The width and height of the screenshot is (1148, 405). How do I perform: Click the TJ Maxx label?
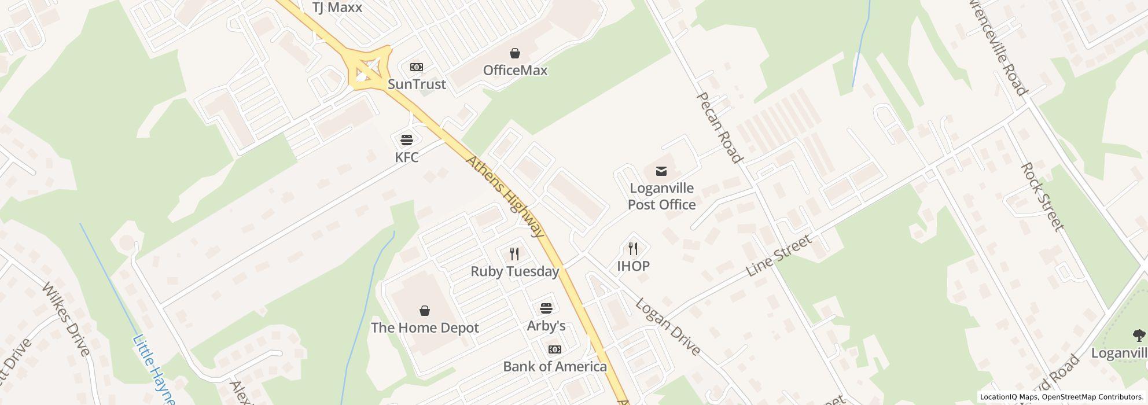pos(337,8)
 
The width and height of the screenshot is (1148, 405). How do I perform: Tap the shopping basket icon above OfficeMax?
pos(515,54)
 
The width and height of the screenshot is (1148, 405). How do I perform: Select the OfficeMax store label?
pos(515,71)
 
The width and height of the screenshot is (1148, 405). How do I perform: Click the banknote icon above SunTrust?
pos(417,68)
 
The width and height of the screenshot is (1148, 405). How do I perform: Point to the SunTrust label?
pos(417,84)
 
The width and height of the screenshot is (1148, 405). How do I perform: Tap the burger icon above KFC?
pos(407,139)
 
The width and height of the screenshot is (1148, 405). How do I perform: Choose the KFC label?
pos(407,157)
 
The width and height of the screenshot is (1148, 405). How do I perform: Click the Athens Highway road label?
pos(505,197)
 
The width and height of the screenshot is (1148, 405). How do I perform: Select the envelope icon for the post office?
pos(661,171)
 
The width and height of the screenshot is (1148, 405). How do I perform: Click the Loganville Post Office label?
pos(661,197)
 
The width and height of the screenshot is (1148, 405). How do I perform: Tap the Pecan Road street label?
pos(719,128)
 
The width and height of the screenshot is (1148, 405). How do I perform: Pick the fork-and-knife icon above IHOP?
pos(633,249)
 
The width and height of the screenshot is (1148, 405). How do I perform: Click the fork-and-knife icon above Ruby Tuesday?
pos(514,253)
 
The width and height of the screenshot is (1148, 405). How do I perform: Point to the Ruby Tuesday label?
pos(514,271)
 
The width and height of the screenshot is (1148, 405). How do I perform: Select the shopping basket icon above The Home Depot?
pos(425,311)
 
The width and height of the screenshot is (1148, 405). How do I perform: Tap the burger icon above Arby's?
pos(546,308)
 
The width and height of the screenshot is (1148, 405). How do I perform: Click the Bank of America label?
pos(554,366)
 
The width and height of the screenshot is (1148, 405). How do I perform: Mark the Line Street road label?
pos(779,256)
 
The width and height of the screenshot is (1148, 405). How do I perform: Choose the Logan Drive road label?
pos(668,327)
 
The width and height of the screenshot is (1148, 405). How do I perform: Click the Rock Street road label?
pos(1042,197)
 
